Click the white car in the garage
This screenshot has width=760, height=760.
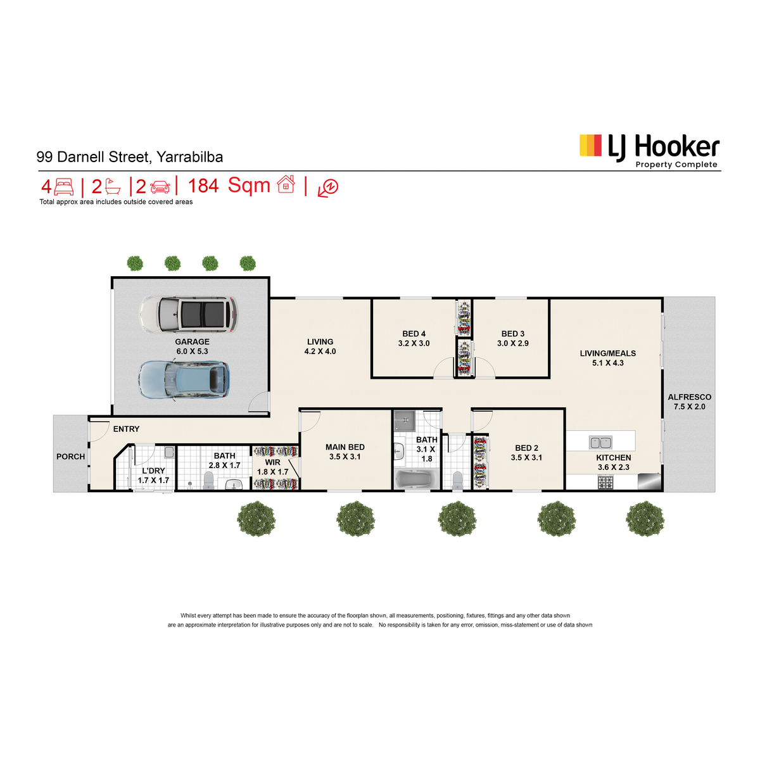[x=188, y=314]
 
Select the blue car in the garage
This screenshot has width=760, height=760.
[x=184, y=379]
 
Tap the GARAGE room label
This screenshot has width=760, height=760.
[x=192, y=341]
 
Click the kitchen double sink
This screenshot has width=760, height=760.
[x=600, y=442]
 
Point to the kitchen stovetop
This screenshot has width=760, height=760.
[x=605, y=483]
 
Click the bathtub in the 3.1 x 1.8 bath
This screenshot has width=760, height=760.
[x=415, y=479]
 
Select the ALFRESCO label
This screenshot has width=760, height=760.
[x=689, y=397]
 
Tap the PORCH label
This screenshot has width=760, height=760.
[x=70, y=457]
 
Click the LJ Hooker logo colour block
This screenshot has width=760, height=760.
[x=590, y=145]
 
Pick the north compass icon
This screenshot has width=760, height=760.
[x=329, y=187]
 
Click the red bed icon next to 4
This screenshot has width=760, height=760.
[x=64, y=187]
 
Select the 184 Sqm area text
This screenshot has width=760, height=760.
[x=229, y=186]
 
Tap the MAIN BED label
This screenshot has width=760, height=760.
[x=345, y=447]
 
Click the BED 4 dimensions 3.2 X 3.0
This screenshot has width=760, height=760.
[x=414, y=343]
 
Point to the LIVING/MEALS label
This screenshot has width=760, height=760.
[x=607, y=353]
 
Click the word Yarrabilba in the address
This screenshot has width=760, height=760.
[x=189, y=157]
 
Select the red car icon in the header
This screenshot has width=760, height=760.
[x=160, y=187]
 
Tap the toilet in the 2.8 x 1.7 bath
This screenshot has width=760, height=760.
[x=208, y=481]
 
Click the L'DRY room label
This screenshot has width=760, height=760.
[x=153, y=471]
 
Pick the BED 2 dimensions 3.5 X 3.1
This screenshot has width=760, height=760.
[x=526, y=457]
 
